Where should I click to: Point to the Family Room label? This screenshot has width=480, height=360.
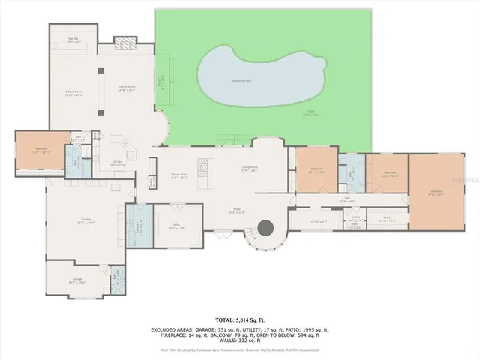point(127,88)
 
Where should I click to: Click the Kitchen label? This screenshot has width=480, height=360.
point(117,163)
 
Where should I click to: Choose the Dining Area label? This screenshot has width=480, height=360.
point(178,176)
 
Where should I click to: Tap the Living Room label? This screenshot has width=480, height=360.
point(250,169)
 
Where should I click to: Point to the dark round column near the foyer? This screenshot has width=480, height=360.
point(265,227)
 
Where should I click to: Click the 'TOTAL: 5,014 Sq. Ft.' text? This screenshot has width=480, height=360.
point(239,318)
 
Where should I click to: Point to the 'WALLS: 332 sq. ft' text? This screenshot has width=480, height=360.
point(239,341)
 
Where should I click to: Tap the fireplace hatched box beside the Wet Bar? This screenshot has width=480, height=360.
point(127,43)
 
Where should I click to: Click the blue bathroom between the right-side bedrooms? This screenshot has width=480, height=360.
point(352,172)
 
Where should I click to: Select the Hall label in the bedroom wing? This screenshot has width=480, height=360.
point(347,200)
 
